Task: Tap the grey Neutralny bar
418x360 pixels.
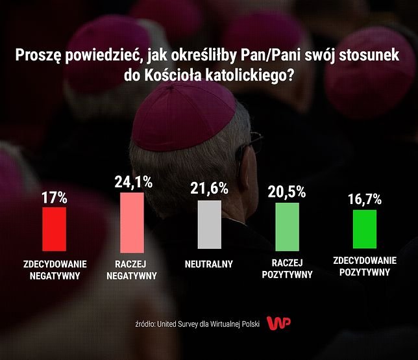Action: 208,224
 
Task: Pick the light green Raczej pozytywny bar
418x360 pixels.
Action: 288,226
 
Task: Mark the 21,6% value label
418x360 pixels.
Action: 209,188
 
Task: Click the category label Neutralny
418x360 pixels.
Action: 209,264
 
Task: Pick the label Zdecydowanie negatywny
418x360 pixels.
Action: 55,270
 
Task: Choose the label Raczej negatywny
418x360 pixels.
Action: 133,270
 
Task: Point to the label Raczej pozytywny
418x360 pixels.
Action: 288,270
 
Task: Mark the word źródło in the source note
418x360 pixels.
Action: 148,324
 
